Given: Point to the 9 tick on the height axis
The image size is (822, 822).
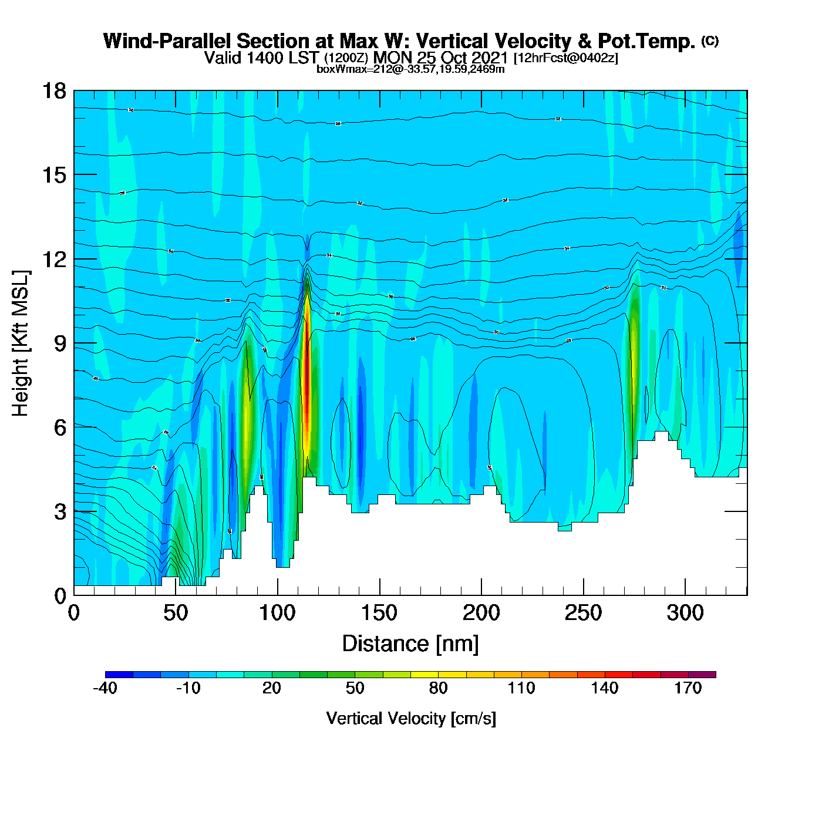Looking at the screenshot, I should (x=74, y=343).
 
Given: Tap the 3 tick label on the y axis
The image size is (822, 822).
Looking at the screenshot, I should (x=60, y=512).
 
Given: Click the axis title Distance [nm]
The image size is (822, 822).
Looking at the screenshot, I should (x=410, y=644).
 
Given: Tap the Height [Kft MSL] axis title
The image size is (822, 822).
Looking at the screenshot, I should (x=21, y=343).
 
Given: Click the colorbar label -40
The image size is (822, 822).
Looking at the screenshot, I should (x=105, y=688).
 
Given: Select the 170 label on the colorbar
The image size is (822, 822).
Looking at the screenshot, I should (x=688, y=688).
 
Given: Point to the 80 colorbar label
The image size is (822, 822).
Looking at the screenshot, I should (x=439, y=688).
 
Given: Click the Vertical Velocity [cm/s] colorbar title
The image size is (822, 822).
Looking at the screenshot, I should (x=411, y=718).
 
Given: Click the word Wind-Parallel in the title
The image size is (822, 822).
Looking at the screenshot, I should (x=168, y=41).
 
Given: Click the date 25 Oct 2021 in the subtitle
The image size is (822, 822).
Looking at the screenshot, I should (x=462, y=58).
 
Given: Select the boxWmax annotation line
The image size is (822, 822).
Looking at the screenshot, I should (x=410, y=69).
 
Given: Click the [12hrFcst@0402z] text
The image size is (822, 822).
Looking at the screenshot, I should (x=565, y=58).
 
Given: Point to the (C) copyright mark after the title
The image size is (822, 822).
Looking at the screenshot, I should (x=710, y=41).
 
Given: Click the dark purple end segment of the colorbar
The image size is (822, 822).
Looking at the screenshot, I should (x=702, y=675).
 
